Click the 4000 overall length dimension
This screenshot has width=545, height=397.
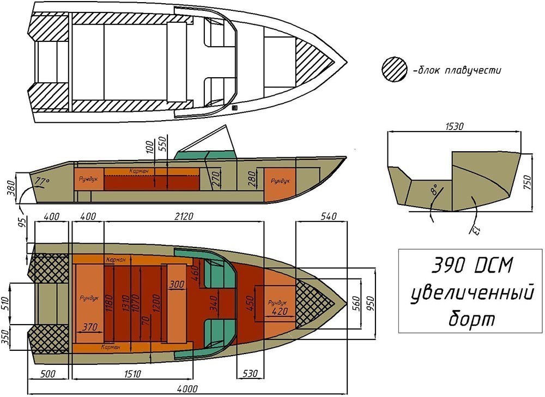tap(187, 389)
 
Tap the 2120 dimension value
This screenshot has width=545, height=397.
tap(183, 216)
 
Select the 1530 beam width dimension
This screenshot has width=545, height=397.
tap(454, 126)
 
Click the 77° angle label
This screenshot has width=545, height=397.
tap(42, 181)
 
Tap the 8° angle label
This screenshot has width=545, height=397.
tap(434, 190)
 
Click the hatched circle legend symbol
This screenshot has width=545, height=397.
tap(394, 70)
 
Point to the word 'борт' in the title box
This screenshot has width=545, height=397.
tap(471, 318)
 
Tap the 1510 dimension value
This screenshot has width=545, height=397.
tap(132, 374)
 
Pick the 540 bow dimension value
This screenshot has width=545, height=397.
tap(328, 216)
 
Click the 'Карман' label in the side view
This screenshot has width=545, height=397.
tap(139, 171)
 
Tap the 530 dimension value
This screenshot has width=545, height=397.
tap(250, 374)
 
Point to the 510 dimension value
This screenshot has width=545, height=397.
tap(6, 303)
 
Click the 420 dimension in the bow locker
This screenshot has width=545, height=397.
tap(280, 311)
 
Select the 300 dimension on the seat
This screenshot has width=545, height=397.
tap(177, 284)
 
